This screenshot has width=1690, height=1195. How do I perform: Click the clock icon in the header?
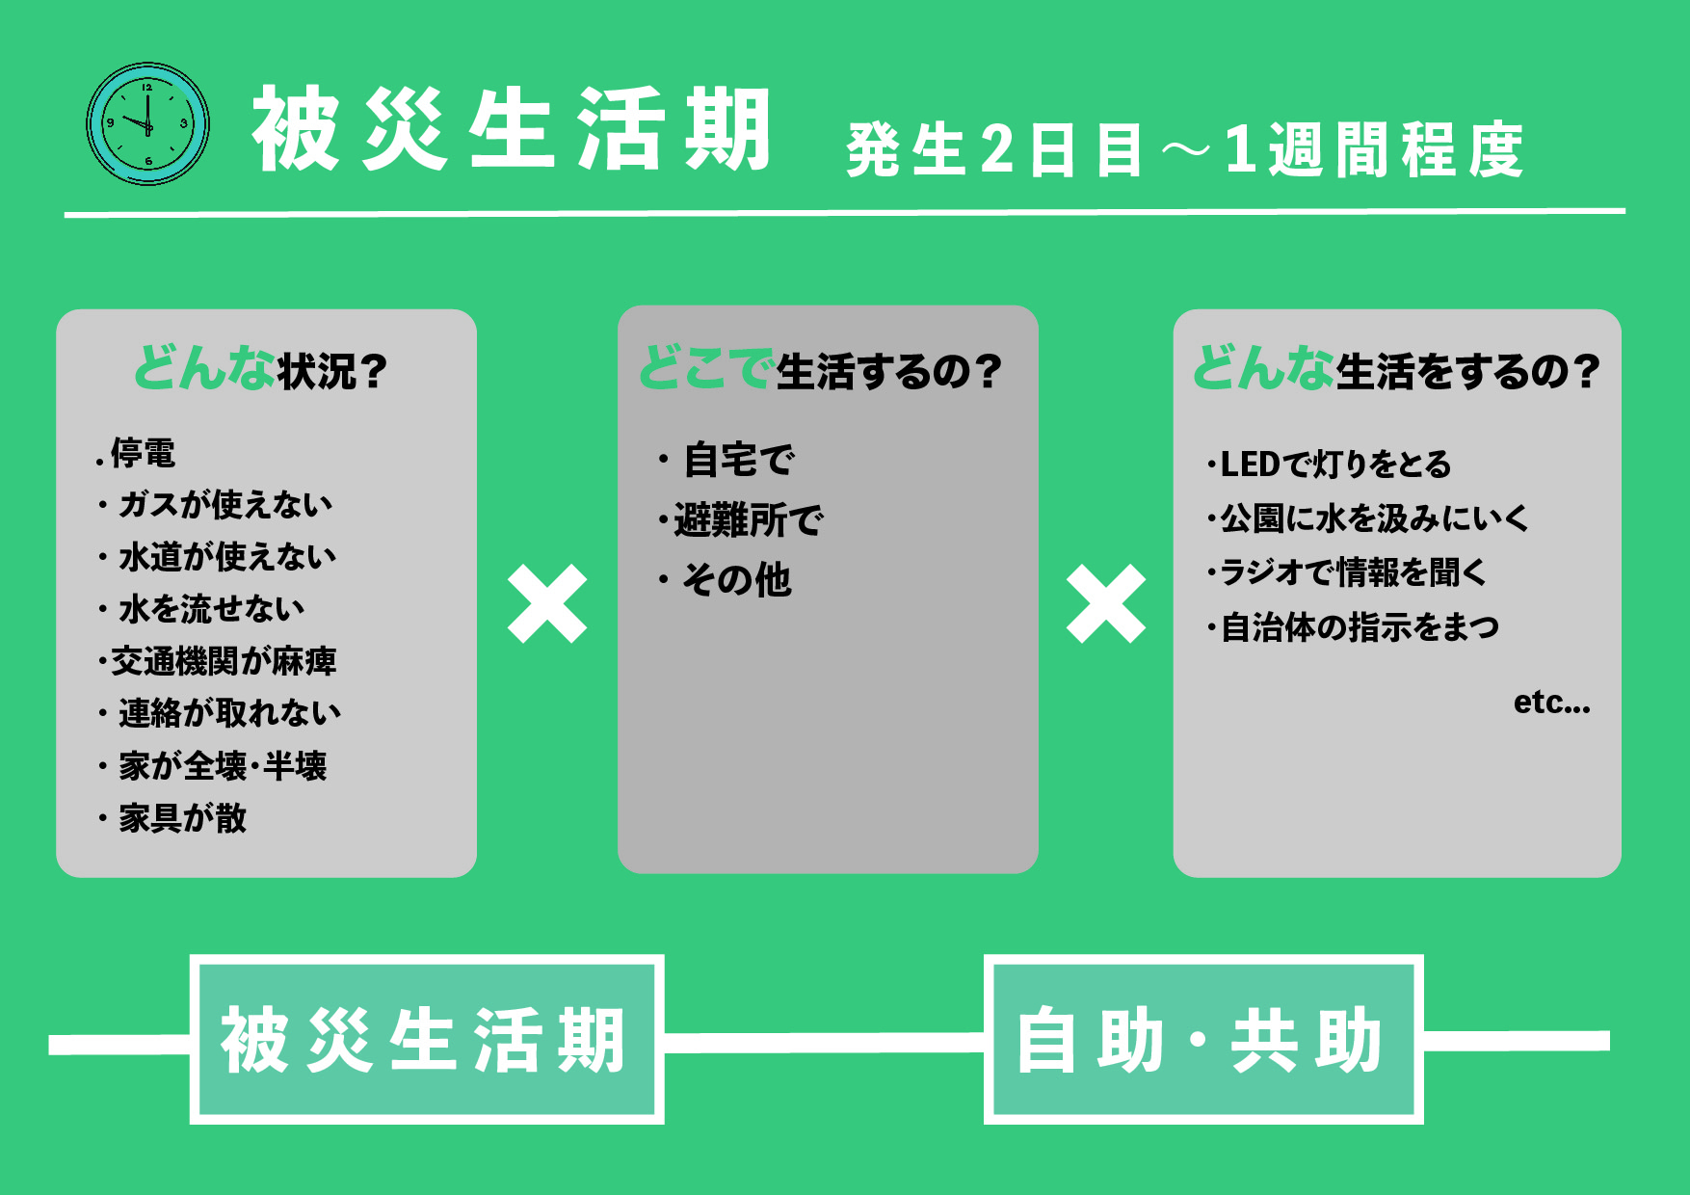147,124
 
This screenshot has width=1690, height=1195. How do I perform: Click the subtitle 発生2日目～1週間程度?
1184,150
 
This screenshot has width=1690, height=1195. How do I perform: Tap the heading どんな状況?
261,370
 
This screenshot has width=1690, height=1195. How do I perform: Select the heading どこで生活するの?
821,370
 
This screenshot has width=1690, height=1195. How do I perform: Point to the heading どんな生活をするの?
1396,370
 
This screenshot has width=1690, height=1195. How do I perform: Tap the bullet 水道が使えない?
226,557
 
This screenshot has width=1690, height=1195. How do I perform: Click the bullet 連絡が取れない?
229,713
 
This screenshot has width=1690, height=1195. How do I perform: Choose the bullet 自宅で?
738,460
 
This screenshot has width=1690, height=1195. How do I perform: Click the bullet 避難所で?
748,520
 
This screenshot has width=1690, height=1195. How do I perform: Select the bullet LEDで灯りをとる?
1334,465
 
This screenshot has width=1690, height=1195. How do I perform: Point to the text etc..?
1550,703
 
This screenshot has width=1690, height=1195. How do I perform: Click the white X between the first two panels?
547,604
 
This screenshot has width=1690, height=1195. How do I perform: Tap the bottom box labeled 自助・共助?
1202,1040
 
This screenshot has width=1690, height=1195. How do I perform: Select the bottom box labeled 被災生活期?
426,1040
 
